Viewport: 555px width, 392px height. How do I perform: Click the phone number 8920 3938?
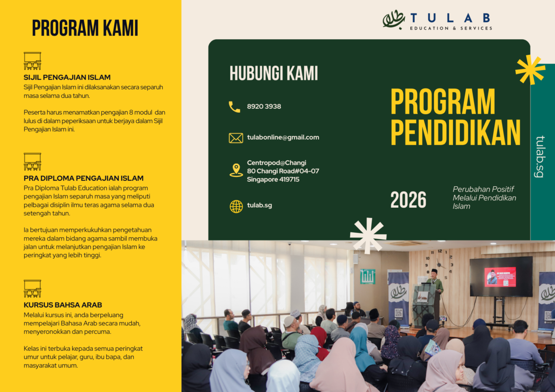[x=264, y=106]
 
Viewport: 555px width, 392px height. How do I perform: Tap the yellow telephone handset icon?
[x=234, y=107]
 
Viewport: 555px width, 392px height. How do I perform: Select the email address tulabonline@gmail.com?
[x=283, y=137]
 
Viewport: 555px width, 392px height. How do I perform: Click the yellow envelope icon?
[x=236, y=138]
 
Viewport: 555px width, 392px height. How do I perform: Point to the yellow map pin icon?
[x=236, y=170]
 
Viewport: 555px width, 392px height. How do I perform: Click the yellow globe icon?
[x=236, y=206]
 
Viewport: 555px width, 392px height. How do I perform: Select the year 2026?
[x=408, y=200]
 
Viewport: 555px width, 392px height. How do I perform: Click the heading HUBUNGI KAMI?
[x=274, y=73]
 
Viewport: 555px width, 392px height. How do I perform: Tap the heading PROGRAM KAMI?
[x=85, y=28]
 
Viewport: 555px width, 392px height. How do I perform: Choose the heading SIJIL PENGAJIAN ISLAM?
[x=67, y=77]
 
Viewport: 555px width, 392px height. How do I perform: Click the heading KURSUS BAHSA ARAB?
[x=63, y=305]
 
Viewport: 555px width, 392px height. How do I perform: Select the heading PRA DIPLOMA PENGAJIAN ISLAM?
[x=83, y=178]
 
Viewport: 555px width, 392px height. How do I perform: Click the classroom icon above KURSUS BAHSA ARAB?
[x=32, y=288]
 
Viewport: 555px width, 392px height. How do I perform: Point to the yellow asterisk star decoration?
[x=530, y=70]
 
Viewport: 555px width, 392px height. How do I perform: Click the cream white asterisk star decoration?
[x=368, y=236]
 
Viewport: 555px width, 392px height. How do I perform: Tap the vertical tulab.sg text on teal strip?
[x=540, y=156]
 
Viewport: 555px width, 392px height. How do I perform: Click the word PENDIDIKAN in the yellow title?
[x=455, y=132]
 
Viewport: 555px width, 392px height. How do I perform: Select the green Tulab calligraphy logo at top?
[x=394, y=20]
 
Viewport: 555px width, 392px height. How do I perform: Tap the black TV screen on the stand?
[x=501, y=276]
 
